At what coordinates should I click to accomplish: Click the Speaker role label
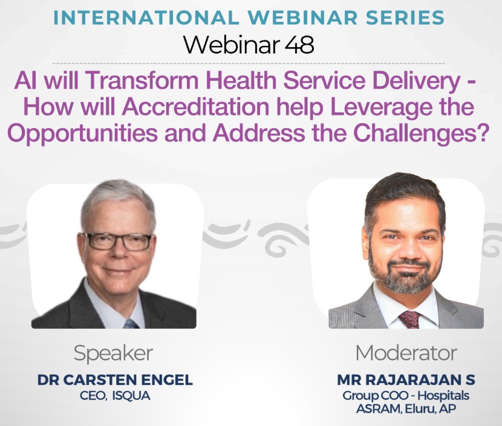tap(113, 353)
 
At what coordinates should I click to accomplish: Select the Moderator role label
tap(406, 353)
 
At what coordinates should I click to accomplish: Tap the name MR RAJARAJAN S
tap(406, 381)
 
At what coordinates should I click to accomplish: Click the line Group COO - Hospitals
tap(406, 396)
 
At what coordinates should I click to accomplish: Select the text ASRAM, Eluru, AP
tap(406, 410)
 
